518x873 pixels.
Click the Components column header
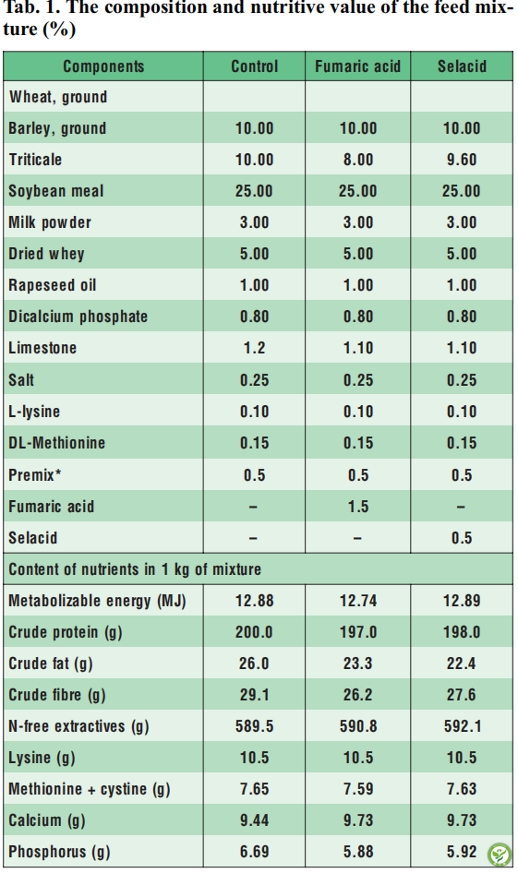103,66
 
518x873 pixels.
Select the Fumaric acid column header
357,66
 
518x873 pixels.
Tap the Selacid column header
462,66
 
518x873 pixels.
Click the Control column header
255,66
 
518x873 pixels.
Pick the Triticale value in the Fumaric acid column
358,160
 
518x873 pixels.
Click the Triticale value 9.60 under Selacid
462,160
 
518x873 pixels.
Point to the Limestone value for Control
254,348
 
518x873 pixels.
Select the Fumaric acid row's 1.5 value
358,507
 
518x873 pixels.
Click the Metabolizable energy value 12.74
358,601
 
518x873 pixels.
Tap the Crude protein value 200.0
254,632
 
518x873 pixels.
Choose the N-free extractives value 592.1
463,726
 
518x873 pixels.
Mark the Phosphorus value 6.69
255,852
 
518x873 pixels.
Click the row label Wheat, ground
58,97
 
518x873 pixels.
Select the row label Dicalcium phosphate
78,317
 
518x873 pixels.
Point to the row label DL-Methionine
57,443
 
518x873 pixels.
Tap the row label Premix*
34,475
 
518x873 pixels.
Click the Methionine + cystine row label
90,789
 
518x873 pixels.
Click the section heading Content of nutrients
135,569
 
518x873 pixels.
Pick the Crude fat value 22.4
462,664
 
